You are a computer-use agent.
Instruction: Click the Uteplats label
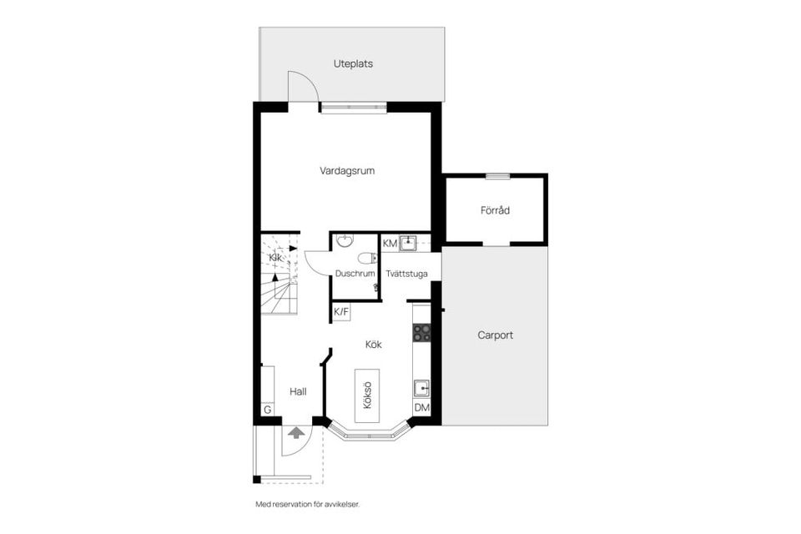coord(353,63)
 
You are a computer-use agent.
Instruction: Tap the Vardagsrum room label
coord(347,171)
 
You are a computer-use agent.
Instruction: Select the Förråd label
coord(495,210)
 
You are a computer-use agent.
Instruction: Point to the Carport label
coord(495,335)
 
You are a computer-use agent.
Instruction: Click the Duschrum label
coord(355,274)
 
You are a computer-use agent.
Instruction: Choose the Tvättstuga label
coord(407,274)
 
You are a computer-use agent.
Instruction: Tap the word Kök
coord(373,343)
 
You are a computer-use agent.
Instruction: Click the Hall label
coord(298,391)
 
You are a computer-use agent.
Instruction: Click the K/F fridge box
coord(341,312)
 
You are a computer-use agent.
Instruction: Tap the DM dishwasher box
coord(422,407)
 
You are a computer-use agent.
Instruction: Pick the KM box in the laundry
coord(390,243)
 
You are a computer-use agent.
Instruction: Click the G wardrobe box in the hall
coord(267,410)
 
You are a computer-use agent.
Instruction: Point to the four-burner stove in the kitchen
coord(422,333)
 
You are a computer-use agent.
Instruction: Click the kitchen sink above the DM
coord(422,387)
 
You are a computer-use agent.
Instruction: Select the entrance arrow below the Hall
coord(295,432)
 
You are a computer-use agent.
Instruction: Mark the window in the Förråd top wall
coord(497,176)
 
